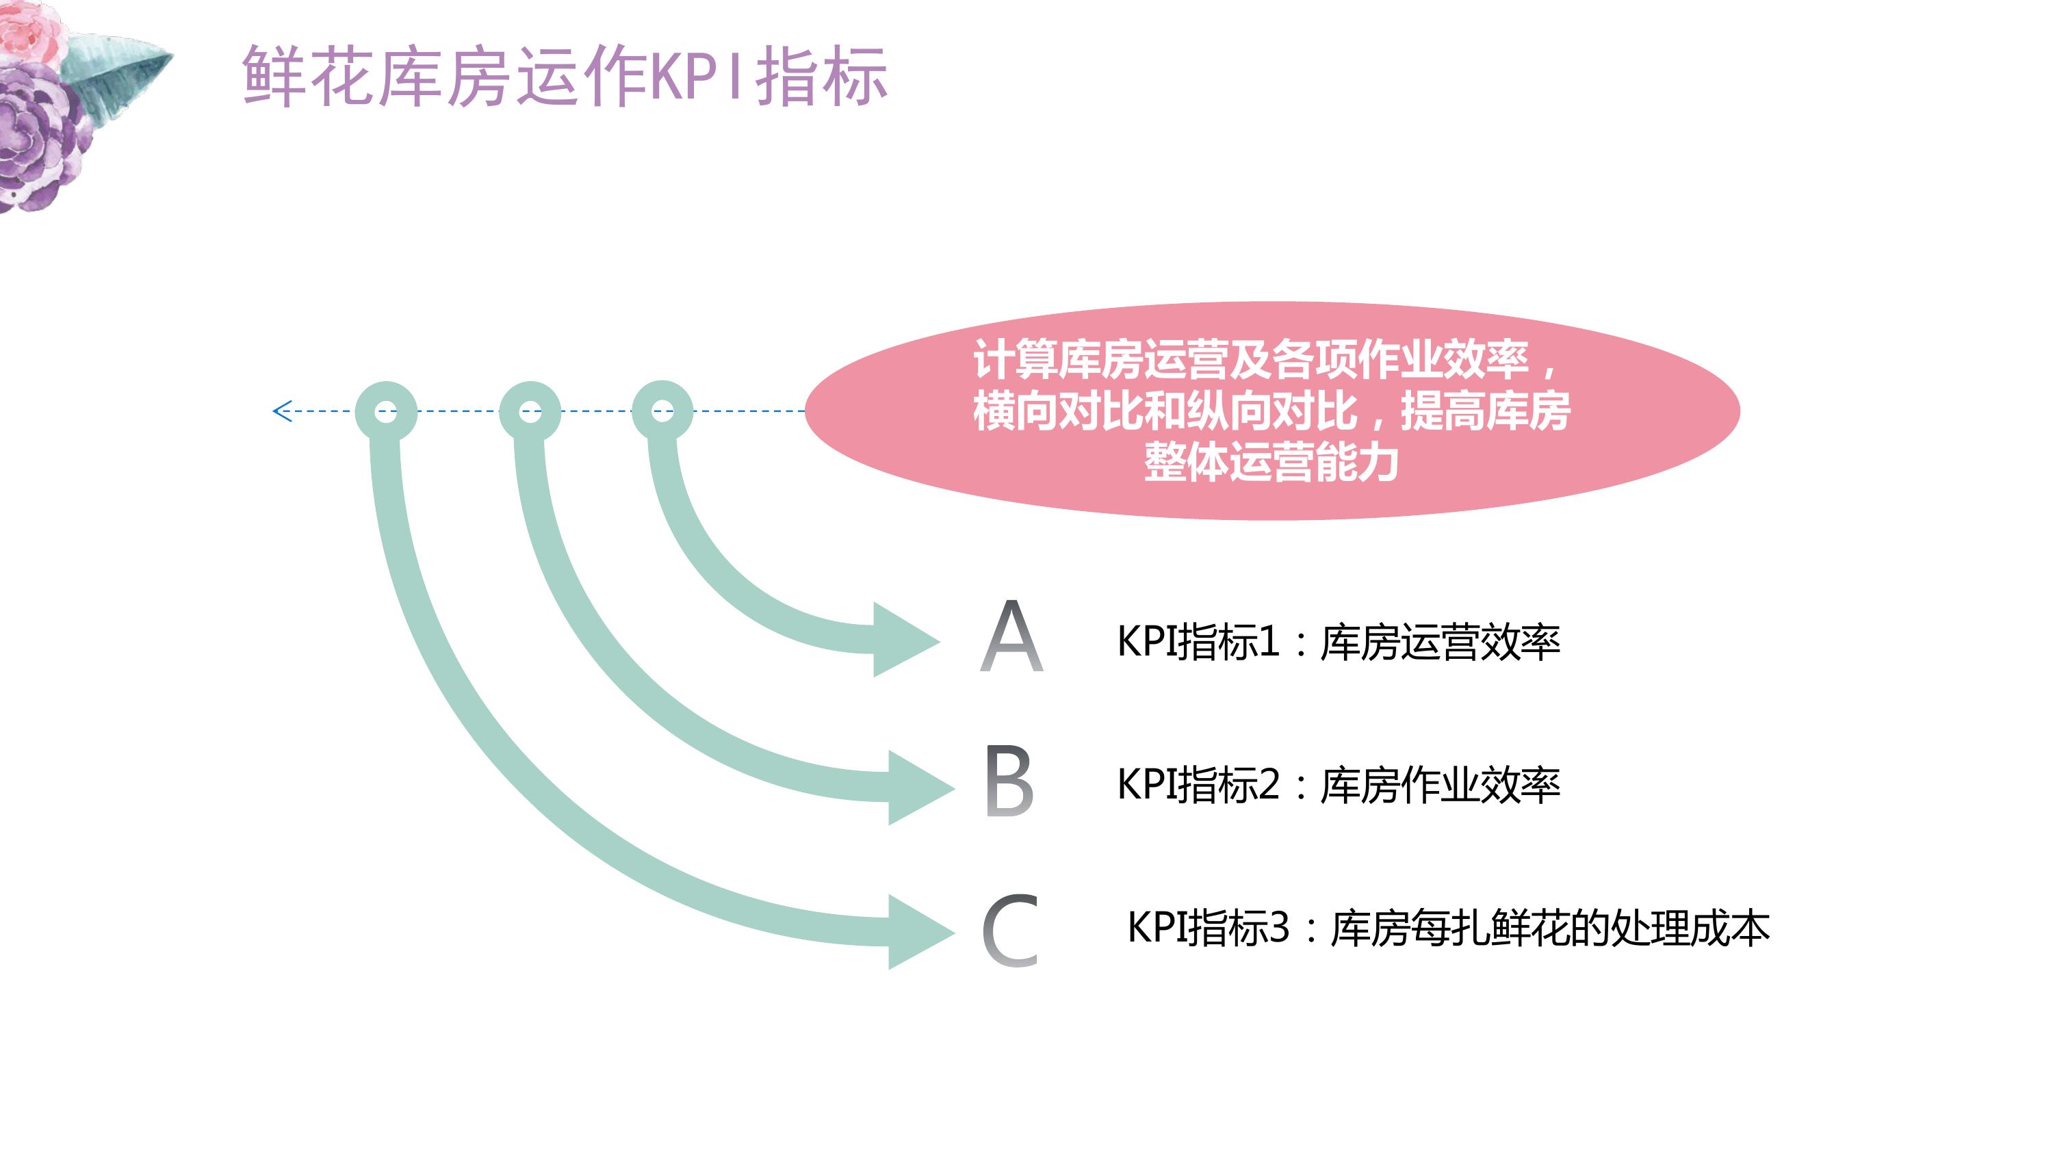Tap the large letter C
tap(1010, 929)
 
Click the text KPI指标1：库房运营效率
tap(1338, 642)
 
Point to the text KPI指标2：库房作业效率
tap(1338, 785)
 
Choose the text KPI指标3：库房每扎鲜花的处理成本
tap(1448, 928)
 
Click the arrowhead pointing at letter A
tap(906, 640)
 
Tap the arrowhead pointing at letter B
tap(921, 788)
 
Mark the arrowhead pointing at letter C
tap(921, 932)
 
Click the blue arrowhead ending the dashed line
tap(281, 411)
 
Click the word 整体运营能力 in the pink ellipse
tap(1271, 463)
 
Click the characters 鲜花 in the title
tap(307, 76)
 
